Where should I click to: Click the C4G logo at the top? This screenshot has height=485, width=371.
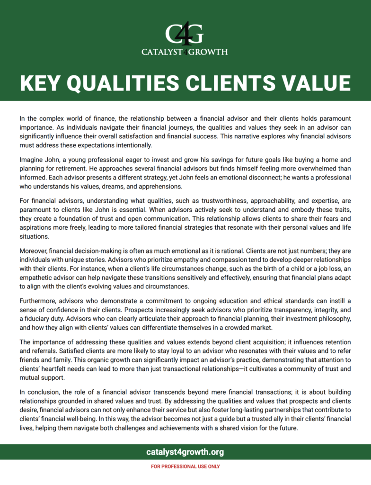click(x=185, y=34)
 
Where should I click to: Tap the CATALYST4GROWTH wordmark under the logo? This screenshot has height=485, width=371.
click(x=185, y=52)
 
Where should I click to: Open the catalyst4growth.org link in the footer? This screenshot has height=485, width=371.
click(x=185, y=452)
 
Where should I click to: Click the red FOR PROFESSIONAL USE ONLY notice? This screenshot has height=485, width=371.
click(x=185, y=467)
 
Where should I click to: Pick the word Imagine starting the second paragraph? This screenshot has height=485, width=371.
click(x=32, y=160)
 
